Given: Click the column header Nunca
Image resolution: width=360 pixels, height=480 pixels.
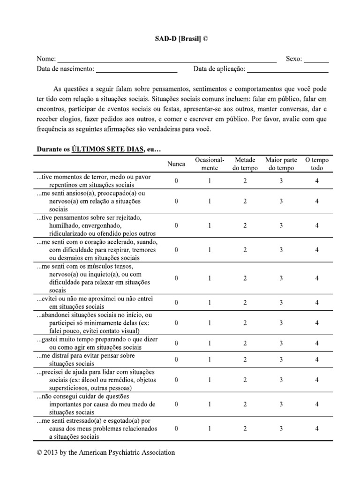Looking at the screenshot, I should click(176, 164).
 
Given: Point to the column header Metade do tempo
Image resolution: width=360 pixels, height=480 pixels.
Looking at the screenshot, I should click(245, 164).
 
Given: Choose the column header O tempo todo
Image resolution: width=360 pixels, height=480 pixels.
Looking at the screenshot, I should click(317, 164).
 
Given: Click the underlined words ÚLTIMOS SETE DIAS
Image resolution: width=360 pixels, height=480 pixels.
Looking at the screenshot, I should click(108, 149).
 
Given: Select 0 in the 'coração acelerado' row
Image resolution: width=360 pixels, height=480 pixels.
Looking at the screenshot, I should click(176, 250).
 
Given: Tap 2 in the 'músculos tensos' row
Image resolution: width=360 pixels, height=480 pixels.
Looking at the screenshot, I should click(245, 278).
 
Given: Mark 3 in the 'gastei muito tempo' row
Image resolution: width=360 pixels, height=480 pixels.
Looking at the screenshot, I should click(281, 343).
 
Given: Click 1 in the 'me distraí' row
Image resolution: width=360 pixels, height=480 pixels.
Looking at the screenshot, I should click(210, 360).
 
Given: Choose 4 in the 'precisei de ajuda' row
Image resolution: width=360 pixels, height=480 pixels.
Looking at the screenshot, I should click(317, 380).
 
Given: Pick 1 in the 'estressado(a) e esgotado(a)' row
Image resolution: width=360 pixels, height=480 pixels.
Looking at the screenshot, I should click(210, 428).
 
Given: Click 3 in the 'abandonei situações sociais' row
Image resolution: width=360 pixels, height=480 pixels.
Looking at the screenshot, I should click(281, 323).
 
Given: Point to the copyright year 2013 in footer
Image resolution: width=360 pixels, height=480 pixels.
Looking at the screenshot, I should click(52, 453).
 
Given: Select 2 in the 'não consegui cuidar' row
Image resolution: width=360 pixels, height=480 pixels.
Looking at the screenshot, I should click(245, 404).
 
